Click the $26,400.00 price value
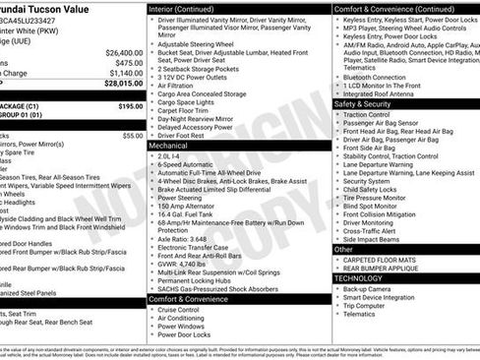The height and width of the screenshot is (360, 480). click(124, 52)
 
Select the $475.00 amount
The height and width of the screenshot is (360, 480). click(128, 62)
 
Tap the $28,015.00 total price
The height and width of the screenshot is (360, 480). click(124, 83)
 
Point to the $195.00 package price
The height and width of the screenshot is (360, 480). click(130, 105)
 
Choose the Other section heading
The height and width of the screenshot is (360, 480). click(343, 249)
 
